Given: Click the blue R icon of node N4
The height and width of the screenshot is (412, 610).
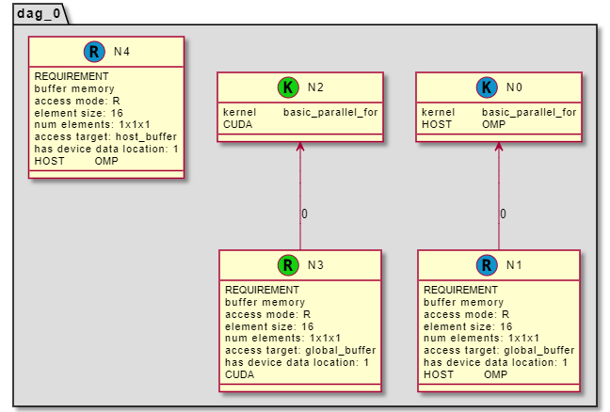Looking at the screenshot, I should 93,52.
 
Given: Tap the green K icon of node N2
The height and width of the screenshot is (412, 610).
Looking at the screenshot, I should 288,87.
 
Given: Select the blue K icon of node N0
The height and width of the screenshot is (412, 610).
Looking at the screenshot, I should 487,87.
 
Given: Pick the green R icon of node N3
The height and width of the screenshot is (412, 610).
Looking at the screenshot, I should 288,265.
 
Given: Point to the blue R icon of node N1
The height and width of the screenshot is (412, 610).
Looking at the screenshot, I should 487,265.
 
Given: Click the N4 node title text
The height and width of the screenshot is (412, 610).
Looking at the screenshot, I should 121,52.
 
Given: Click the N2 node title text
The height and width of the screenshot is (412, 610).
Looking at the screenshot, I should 316,87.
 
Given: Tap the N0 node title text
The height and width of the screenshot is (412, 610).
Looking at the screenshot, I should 514,87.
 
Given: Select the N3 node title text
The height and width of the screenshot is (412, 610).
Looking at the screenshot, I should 316,265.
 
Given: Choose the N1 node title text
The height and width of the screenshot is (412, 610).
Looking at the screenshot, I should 514,265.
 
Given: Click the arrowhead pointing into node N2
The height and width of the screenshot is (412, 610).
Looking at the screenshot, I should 299,147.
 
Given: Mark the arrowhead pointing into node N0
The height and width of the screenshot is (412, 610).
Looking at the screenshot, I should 498,147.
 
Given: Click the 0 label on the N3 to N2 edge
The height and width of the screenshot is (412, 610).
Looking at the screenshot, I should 304,214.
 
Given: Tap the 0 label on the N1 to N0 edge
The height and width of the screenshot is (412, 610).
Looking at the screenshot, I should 503,214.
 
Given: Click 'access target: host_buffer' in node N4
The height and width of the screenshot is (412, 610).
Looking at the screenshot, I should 104,136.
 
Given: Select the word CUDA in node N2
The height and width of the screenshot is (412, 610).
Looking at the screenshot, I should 237,124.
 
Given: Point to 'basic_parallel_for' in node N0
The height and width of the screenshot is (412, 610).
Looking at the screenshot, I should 529,112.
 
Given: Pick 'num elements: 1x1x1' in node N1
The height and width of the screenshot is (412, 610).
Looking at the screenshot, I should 481,339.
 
